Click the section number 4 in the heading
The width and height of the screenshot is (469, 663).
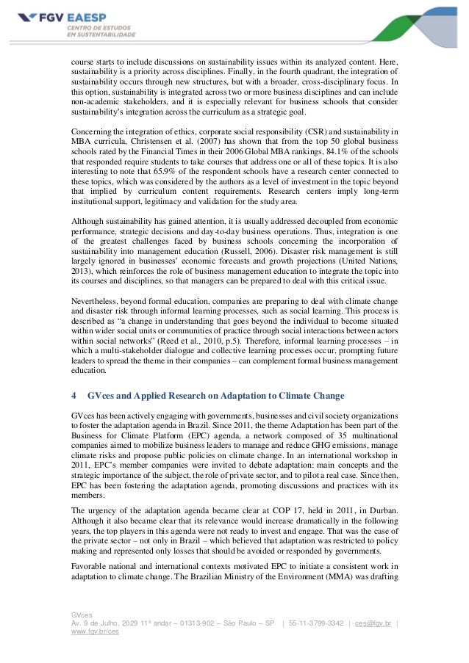coord(73,396)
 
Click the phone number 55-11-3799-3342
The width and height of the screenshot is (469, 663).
coord(321,623)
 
